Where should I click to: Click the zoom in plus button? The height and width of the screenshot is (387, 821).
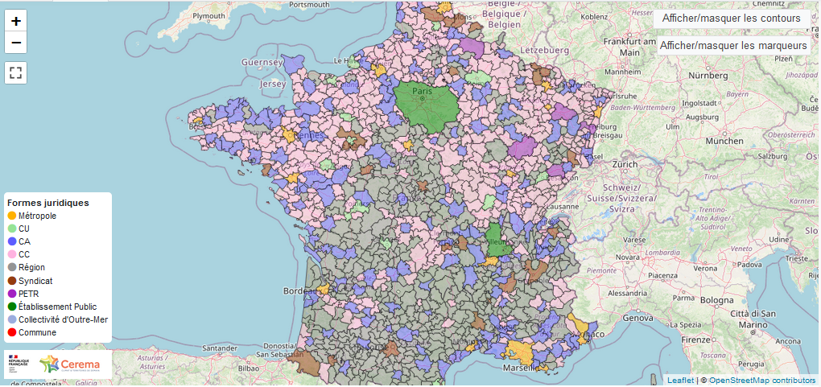pos(16,21)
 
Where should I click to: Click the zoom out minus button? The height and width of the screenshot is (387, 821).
pos(16,43)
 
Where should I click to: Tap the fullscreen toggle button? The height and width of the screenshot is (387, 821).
pos(16,72)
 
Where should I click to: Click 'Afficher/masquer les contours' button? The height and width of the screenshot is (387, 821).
pos(731,18)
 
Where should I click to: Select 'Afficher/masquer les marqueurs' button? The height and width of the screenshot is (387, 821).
pos(732,46)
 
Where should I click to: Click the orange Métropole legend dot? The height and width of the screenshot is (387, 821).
pos(12,216)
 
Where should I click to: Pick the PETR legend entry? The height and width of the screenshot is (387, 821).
pos(28,294)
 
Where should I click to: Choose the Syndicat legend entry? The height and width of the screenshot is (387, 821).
pos(35,281)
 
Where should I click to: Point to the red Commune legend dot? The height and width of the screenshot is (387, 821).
pos(12,332)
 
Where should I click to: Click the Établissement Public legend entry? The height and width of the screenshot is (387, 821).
pos(57,307)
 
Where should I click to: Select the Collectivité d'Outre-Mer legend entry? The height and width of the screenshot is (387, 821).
pos(63,319)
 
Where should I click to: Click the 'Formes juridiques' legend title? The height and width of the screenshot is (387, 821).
pos(47,202)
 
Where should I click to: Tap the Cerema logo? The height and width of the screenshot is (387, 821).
pos(70,364)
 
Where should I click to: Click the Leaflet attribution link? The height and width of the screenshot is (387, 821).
pos(680,380)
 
